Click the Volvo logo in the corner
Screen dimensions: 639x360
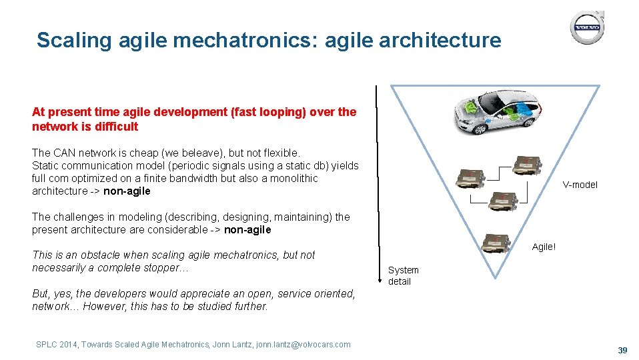[586, 27]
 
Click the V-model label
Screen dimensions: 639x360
[580, 185]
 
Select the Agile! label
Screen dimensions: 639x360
[544, 247]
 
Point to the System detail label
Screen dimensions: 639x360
[403, 275]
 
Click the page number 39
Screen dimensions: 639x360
[623, 351]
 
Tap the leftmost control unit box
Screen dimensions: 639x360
[472, 179]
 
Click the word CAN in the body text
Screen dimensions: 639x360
[63, 153]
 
